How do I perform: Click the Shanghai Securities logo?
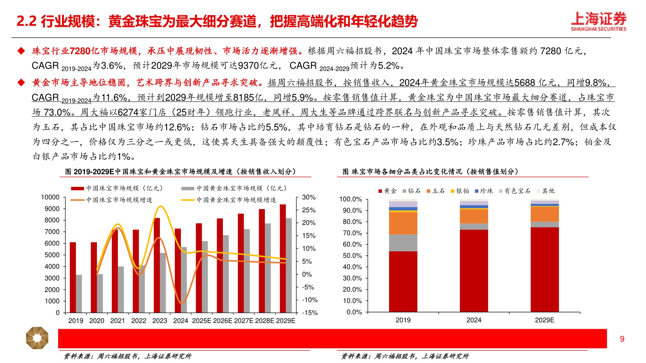click(x=598, y=21)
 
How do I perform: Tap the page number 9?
click(x=622, y=339)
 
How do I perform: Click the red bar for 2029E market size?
click(x=283, y=258)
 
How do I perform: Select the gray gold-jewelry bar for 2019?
click(x=79, y=294)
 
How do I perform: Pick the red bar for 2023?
click(x=157, y=265)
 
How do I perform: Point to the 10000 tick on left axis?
click(x=50, y=197)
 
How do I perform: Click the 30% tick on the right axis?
click(x=308, y=197)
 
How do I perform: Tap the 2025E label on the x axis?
click(x=202, y=321)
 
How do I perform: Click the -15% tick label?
click(x=310, y=313)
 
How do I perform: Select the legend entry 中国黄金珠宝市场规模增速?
click(x=236, y=200)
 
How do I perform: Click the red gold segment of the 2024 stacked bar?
click(x=474, y=271)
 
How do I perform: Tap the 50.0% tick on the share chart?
click(x=352, y=256)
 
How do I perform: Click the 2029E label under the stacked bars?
click(x=545, y=320)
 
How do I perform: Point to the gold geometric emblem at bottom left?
click(x=37, y=338)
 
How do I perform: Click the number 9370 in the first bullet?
click(x=248, y=66)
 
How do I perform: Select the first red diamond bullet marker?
click(x=21, y=51)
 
